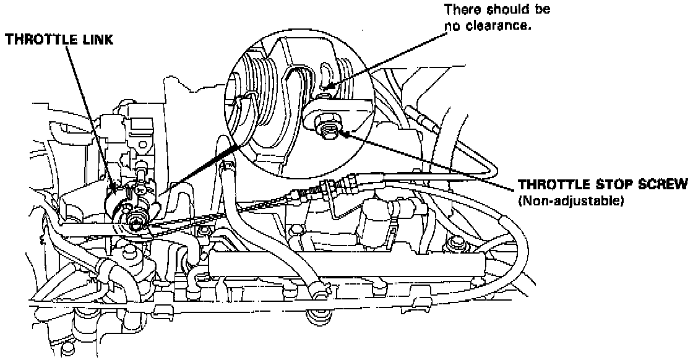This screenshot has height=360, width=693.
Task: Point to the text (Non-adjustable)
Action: point(570,201)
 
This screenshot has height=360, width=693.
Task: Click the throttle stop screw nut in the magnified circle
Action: point(329,126)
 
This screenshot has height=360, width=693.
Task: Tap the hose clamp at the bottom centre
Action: point(321,317)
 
